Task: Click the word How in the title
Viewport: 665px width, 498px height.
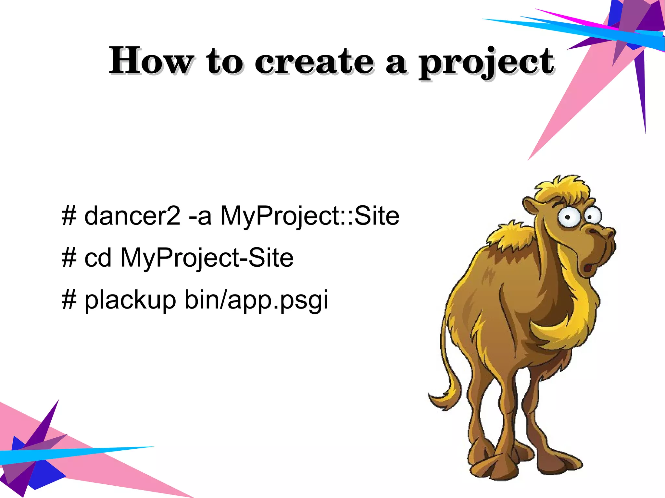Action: (151, 61)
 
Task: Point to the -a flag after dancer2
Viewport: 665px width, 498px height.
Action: (200, 217)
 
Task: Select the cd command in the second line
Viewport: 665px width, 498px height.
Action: (98, 258)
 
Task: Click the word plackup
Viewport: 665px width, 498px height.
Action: (130, 300)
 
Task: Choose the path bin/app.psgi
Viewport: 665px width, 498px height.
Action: (256, 300)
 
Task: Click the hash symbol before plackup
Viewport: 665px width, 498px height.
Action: (69, 300)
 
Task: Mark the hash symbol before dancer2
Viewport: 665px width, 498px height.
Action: (69, 216)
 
